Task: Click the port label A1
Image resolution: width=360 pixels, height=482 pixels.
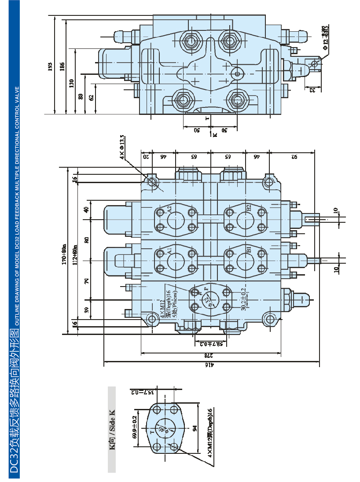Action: pos(169,251)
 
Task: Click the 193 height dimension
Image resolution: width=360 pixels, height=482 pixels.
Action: pos(50,66)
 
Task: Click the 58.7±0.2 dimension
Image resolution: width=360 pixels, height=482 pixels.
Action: pos(210,343)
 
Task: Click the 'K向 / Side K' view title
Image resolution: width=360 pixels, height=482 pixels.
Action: pos(112,429)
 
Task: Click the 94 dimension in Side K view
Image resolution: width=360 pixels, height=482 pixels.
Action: pos(194,428)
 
